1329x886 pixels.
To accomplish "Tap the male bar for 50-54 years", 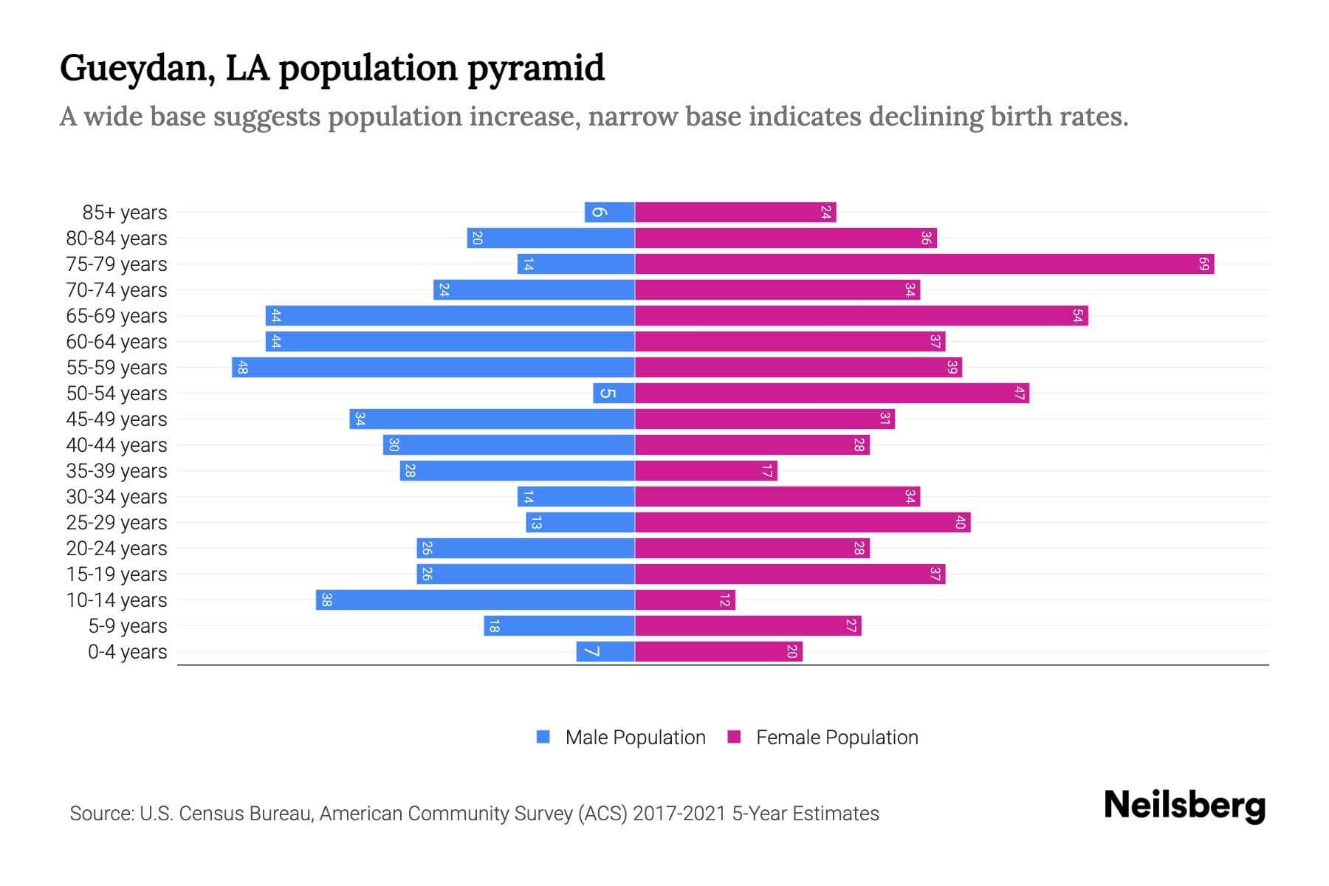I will [614, 393].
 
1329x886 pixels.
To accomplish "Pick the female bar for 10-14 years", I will [684, 600].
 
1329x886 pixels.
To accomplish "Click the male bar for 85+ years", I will [610, 212].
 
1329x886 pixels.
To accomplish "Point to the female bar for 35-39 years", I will [705, 470].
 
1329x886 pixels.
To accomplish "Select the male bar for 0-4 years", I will [605, 651].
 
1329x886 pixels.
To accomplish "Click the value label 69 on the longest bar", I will [1203, 264].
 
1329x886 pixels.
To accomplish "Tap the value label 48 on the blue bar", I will [242, 367].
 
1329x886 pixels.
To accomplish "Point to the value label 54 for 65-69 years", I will [1077, 315].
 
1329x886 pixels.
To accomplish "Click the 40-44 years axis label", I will [117, 445].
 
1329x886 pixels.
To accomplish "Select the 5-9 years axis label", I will [128, 626].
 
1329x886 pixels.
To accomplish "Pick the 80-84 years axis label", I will [117, 238].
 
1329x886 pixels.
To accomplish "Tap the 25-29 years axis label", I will [117, 523].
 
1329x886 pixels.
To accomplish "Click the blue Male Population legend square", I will [543, 737].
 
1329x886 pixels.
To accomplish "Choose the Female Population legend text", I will [837, 737].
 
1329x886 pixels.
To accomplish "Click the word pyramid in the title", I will [536, 69].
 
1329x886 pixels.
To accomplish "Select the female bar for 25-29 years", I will [802, 522].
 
